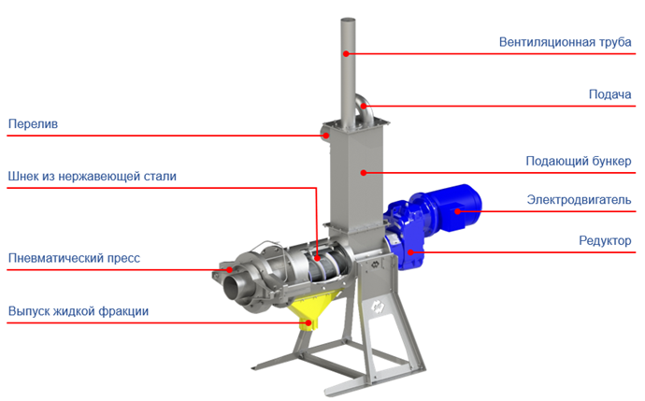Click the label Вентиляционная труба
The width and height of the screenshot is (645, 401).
point(565,42)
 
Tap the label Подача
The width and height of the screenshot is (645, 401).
point(609,94)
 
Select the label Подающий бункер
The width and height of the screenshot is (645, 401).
point(579,161)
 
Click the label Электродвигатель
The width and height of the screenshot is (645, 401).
point(579,200)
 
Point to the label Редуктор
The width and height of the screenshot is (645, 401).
point(605,240)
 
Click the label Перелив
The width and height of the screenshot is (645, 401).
point(33,123)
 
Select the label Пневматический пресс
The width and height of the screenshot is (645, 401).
point(74,258)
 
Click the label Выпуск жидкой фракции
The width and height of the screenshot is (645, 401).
point(79,311)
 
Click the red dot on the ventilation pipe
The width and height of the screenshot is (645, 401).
point(347,53)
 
